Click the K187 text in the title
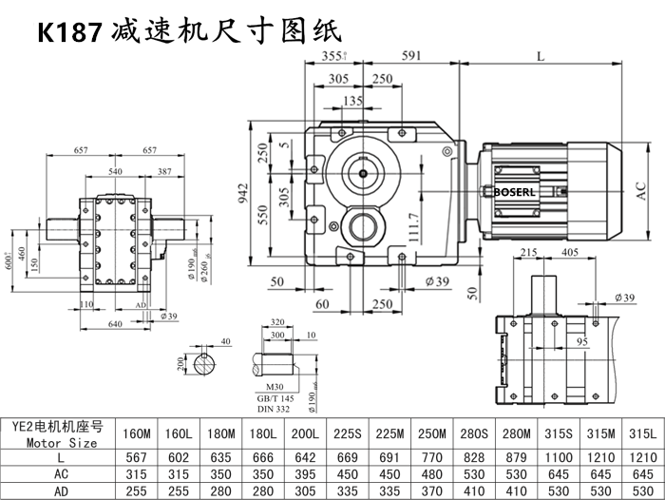(x=69, y=32)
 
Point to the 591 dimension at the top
(x=411, y=56)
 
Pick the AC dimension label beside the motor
(x=641, y=190)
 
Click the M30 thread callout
(x=276, y=387)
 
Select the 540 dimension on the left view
(x=116, y=171)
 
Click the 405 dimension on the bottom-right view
(x=571, y=252)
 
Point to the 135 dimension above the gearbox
(x=352, y=100)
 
